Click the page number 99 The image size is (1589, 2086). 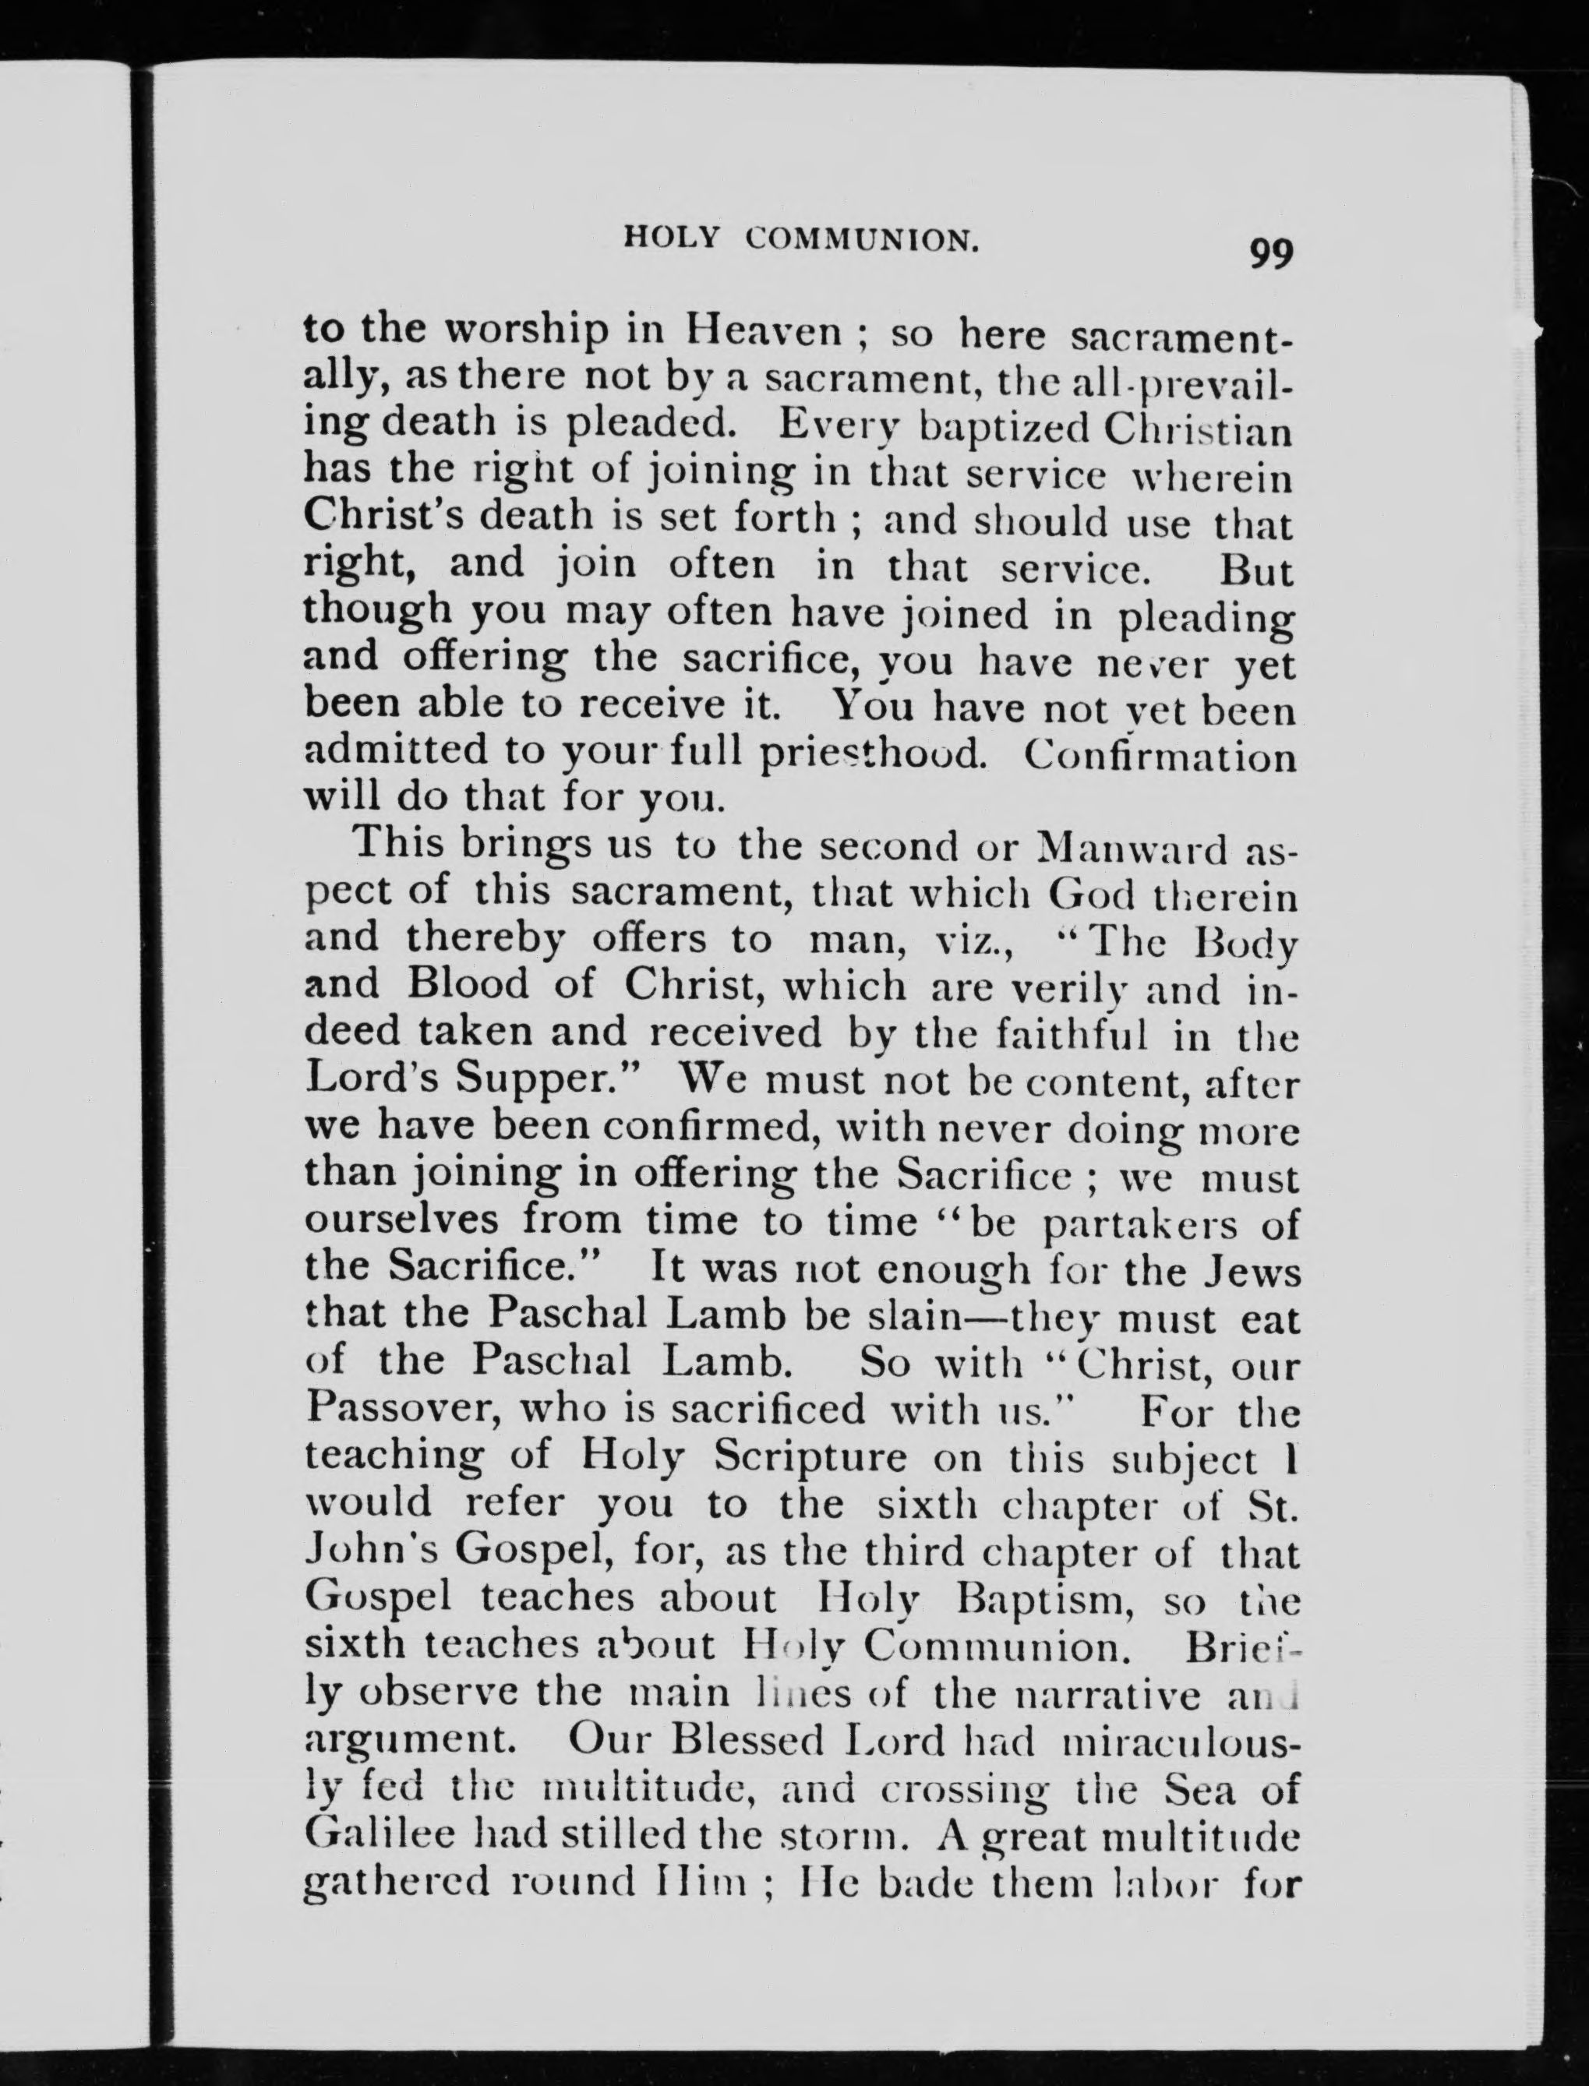click(x=1269, y=254)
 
